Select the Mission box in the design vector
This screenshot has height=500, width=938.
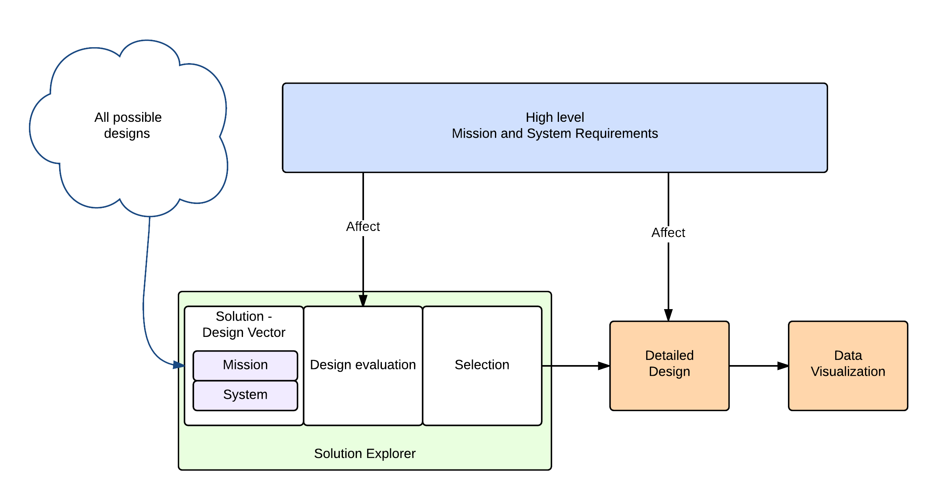[245, 365]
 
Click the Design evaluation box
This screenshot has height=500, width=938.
[363, 393]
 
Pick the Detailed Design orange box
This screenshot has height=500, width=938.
[669, 389]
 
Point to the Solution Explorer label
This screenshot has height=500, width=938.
[364, 454]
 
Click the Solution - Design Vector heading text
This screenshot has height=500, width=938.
[244, 324]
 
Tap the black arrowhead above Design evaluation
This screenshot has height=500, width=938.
[363, 300]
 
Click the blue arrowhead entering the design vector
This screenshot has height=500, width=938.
[178, 365]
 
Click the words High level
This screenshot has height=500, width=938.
[555, 117]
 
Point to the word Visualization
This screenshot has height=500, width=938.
[848, 372]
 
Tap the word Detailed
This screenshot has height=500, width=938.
[669, 356]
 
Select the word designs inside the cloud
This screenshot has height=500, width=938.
[127, 134]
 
